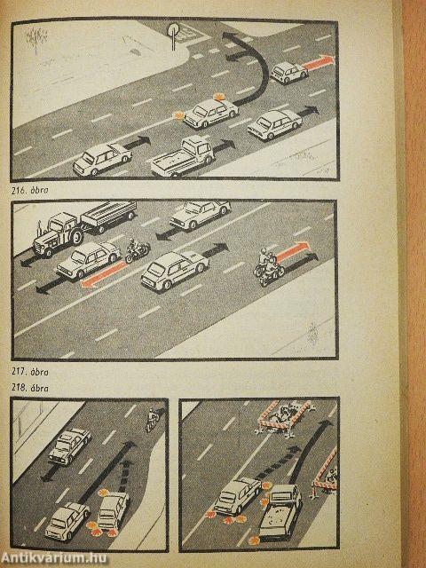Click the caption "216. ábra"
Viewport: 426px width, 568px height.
(x=29, y=190)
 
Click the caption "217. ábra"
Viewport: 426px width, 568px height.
(x=29, y=372)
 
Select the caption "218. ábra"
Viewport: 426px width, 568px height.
(x=29, y=388)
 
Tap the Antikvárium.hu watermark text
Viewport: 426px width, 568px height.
(x=53, y=557)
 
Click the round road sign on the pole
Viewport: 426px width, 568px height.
(x=174, y=29)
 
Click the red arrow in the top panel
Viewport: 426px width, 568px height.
(x=319, y=62)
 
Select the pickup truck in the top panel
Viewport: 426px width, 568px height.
(x=183, y=156)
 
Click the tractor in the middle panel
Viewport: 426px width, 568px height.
(x=57, y=234)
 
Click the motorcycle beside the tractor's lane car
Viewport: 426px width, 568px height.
(x=137, y=250)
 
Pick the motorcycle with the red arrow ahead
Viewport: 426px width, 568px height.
(x=268, y=267)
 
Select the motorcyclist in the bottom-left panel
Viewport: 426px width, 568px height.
(x=153, y=420)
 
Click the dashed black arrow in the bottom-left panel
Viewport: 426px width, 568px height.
(x=124, y=476)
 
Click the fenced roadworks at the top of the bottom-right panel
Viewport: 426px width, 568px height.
(x=284, y=418)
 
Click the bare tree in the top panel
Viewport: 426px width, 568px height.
(x=36, y=39)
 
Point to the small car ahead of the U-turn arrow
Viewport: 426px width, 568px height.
(x=288, y=73)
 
